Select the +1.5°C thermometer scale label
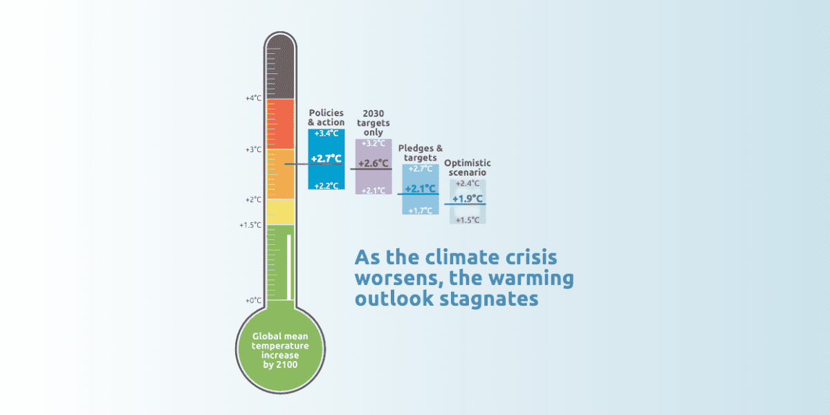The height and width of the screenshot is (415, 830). coord(251,225)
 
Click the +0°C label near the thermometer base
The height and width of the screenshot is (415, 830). coord(254,301)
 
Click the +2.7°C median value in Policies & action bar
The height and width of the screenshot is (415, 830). coord(326,159)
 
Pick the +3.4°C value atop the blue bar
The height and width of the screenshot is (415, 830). coord(326,133)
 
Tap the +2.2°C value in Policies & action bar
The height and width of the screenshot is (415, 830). coord(326,185)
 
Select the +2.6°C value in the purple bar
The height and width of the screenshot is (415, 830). coord(373,164)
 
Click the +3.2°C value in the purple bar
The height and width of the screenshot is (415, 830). coord(373,143)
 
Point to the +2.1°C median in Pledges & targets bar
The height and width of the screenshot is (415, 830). coord(420,189)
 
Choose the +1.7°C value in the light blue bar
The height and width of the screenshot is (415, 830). coord(420,210)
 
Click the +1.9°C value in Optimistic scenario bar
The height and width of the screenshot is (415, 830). coord(468,199)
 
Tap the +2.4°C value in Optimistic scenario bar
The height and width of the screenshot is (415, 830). coord(468,183)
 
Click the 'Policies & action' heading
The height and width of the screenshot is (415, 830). coord(326,118)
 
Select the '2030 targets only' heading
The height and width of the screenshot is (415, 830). coord(373,122)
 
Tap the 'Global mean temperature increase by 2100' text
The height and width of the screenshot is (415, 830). coord(280,350)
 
